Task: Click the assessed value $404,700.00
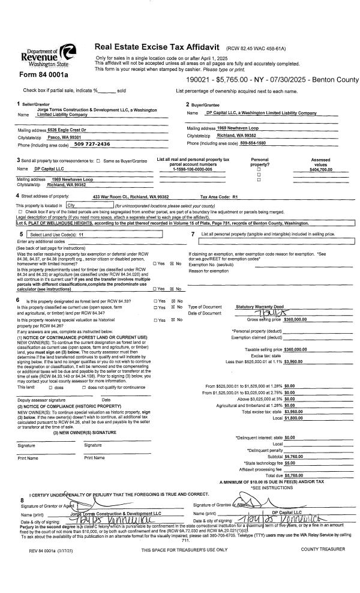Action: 320,170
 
